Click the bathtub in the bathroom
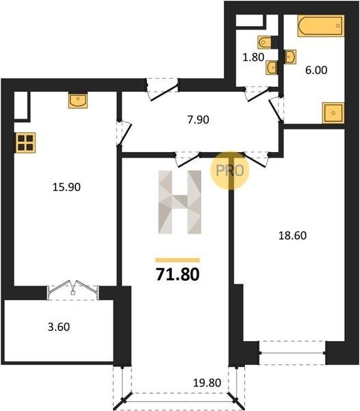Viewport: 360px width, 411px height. [321, 26]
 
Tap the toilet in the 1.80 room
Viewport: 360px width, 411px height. [264, 42]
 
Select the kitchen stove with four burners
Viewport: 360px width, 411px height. [25, 142]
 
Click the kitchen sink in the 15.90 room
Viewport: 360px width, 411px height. [78, 100]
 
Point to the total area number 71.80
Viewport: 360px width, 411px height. [178, 275]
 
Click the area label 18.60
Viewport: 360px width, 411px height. [292, 236]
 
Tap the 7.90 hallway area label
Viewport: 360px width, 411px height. [198, 120]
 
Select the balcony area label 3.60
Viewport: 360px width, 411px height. [59, 327]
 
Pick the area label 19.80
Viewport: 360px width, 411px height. [207, 383]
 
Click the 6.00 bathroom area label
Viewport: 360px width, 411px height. [316, 71]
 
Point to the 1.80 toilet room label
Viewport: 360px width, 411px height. [253, 57]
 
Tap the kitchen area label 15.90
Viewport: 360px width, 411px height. [66, 187]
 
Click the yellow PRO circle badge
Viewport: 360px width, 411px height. [230, 171]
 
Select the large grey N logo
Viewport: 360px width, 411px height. [180, 202]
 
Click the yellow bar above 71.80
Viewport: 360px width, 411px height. [177, 260]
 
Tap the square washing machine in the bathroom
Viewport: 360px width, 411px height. [333, 113]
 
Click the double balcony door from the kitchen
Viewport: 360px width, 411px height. [73, 290]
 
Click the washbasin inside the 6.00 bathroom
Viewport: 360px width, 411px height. [291, 57]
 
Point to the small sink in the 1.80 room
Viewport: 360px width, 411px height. [272, 68]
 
